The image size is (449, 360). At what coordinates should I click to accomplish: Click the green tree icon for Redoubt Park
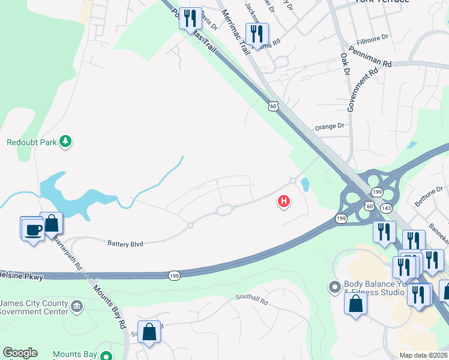click(x=66, y=142)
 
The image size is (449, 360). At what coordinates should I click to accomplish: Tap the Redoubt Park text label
click(x=31, y=142)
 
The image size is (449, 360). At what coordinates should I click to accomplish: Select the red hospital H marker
click(x=284, y=202)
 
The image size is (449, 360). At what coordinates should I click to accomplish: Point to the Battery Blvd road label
click(x=127, y=243)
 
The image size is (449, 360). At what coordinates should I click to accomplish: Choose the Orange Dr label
click(x=330, y=127)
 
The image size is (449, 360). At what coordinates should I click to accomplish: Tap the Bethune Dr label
click(x=432, y=195)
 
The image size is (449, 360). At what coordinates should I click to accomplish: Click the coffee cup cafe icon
click(x=32, y=228)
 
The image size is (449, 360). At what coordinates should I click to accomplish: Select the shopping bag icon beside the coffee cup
click(x=52, y=223)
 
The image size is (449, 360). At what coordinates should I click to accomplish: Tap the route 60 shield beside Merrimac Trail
click(x=273, y=106)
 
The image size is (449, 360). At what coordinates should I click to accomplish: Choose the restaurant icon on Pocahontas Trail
click(x=191, y=18)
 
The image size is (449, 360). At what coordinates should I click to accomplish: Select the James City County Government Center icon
click(x=76, y=307)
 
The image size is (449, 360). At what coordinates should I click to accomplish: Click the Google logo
click(x=20, y=353)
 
